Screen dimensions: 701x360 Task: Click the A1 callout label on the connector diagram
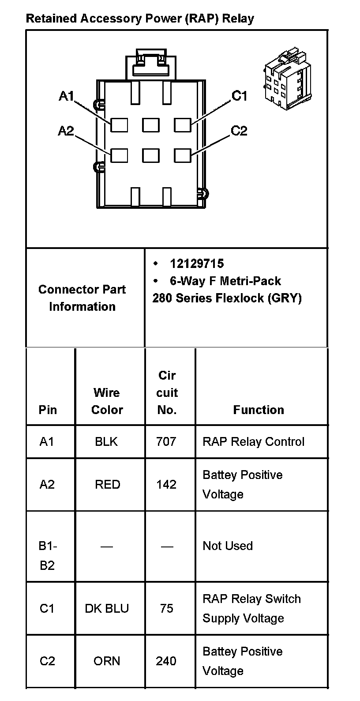pyautogui.click(x=66, y=96)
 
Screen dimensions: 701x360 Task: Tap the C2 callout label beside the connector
pyautogui.click(x=239, y=131)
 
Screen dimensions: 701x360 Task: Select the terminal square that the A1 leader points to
pyautogui.click(x=119, y=125)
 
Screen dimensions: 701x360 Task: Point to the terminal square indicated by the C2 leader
pyautogui.click(x=182, y=155)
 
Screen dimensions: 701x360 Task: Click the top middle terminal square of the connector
pyautogui.click(x=151, y=125)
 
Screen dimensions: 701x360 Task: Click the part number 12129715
pyautogui.click(x=197, y=264)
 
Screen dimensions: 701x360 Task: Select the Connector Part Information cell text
pyautogui.click(x=82, y=298)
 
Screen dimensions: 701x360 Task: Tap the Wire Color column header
pyautogui.click(x=107, y=401)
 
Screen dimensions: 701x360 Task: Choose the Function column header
pyautogui.click(x=259, y=410)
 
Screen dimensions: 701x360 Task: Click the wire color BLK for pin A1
pyautogui.click(x=106, y=441)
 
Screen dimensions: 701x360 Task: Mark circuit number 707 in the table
pyautogui.click(x=166, y=441)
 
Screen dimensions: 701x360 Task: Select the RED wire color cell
pyautogui.click(x=107, y=484)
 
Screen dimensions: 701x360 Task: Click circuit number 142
pyautogui.click(x=166, y=484)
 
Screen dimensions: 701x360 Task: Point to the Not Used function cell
pyautogui.click(x=228, y=546)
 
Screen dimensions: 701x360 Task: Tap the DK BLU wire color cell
pyautogui.click(x=107, y=608)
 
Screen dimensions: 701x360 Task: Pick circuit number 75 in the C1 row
pyautogui.click(x=167, y=608)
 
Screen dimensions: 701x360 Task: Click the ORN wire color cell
pyautogui.click(x=107, y=661)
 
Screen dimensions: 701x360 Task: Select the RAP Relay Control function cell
pyautogui.click(x=253, y=441)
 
